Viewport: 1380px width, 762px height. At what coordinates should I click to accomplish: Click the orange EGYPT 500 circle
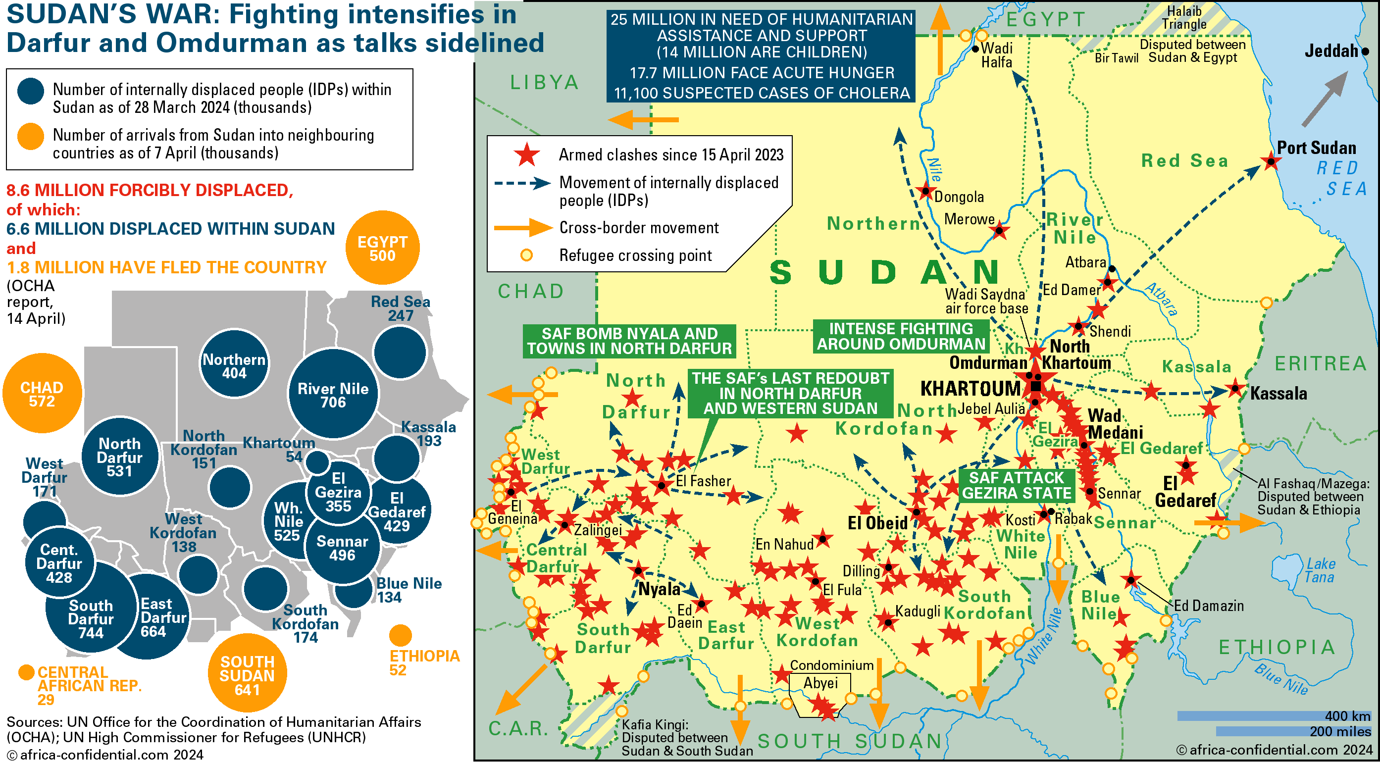coord(382,248)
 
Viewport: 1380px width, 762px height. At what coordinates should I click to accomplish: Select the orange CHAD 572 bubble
coord(42,394)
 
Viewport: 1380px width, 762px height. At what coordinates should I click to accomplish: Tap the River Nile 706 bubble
coord(333,395)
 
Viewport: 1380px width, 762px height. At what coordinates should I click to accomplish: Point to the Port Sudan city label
coord(1316,148)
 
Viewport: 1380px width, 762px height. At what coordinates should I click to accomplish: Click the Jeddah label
coord(1330,51)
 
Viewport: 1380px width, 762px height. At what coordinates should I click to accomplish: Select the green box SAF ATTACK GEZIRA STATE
coord(1016,485)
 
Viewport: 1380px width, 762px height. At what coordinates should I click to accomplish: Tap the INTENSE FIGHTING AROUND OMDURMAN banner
coord(901,336)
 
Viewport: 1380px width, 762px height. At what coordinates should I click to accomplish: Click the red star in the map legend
coord(527,155)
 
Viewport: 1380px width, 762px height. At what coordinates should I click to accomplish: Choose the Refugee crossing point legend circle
coord(527,255)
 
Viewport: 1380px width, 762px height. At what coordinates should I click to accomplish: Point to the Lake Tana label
coord(1320,570)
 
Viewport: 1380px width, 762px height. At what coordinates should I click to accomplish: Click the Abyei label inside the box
coord(819,683)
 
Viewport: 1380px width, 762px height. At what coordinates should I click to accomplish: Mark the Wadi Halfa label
coord(996,55)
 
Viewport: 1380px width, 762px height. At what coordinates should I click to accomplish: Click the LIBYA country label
coord(544,83)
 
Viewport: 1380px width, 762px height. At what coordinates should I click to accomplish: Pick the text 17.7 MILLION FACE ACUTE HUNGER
coord(761,73)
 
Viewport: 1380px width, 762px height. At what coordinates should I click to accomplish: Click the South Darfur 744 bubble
coord(91,619)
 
